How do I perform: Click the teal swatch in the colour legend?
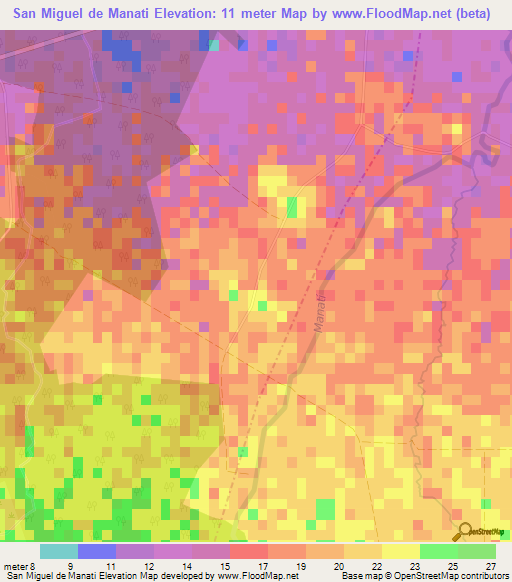click(59, 551)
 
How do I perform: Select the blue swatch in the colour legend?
click(97, 551)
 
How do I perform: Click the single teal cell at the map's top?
click(213, 44)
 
